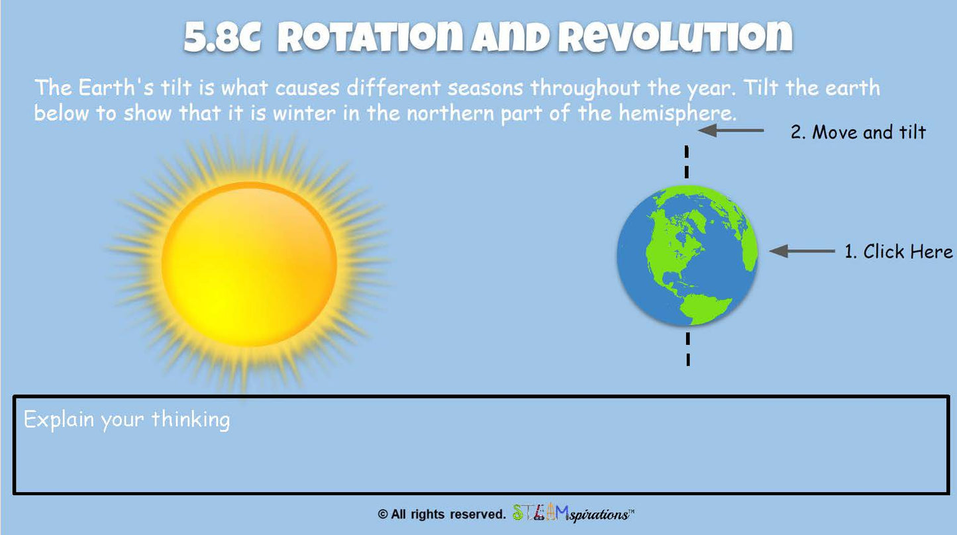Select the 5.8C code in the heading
click(x=222, y=36)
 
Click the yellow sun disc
click(x=249, y=264)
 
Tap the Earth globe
click(x=687, y=256)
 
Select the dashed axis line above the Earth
click(x=687, y=162)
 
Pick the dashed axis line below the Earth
click(x=688, y=349)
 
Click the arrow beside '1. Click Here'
click(x=802, y=251)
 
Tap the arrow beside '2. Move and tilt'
click(x=731, y=130)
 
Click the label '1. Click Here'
click(x=899, y=252)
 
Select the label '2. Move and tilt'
click(x=858, y=132)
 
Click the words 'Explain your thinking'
click(x=127, y=420)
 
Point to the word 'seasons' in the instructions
click(x=485, y=88)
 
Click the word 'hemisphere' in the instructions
click(x=678, y=114)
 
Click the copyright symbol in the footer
click(x=382, y=514)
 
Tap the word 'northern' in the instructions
click(x=450, y=114)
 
